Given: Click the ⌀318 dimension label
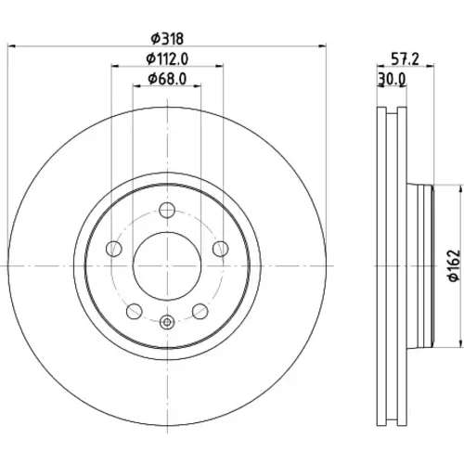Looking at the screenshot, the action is (x=167, y=39).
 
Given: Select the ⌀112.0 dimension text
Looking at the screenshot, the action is (x=167, y=58).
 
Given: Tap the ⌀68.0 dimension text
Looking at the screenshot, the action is (x=167, y=79).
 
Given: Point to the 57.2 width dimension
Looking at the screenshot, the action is (x=405, y=58).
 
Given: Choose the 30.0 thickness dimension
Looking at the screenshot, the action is (x=392, y=79).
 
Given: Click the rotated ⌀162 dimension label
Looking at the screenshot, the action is (x=455, y=265).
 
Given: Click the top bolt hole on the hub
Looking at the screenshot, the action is (x=167, y=210).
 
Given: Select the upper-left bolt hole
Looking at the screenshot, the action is (x=114, y=249).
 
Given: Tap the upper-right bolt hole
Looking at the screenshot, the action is (x=221, y=249).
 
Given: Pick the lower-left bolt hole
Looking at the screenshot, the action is (x=135, y=311).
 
